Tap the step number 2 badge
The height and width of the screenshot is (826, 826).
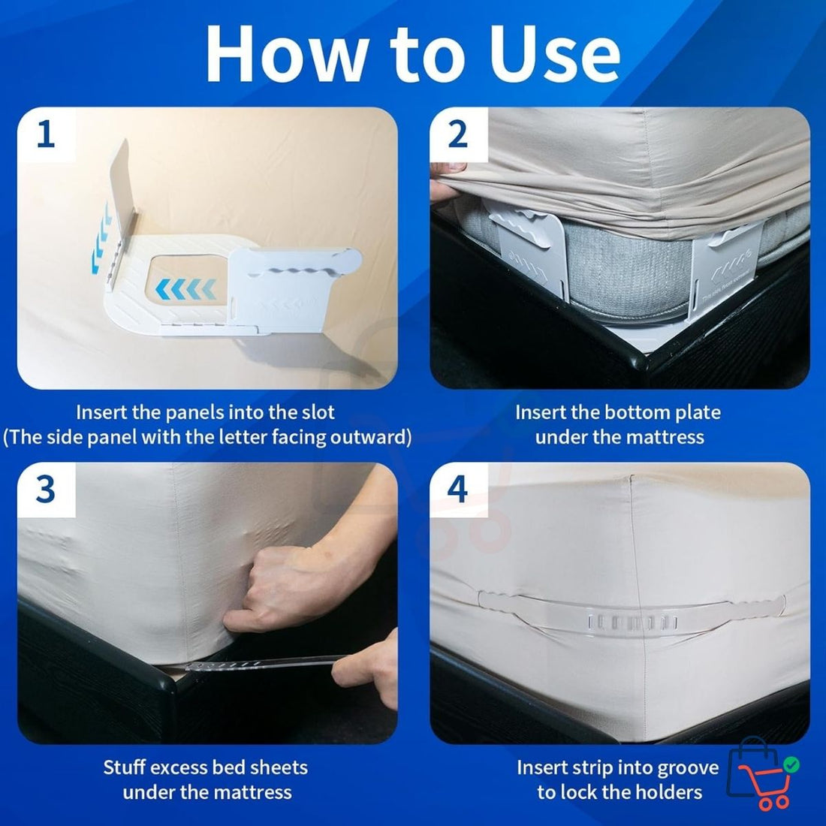click(457, 135)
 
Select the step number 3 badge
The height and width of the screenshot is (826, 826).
click(46, 490)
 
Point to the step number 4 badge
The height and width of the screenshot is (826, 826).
click(457, 490)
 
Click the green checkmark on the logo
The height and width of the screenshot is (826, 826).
click(791, 765)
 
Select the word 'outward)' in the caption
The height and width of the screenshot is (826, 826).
click(367, 437)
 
